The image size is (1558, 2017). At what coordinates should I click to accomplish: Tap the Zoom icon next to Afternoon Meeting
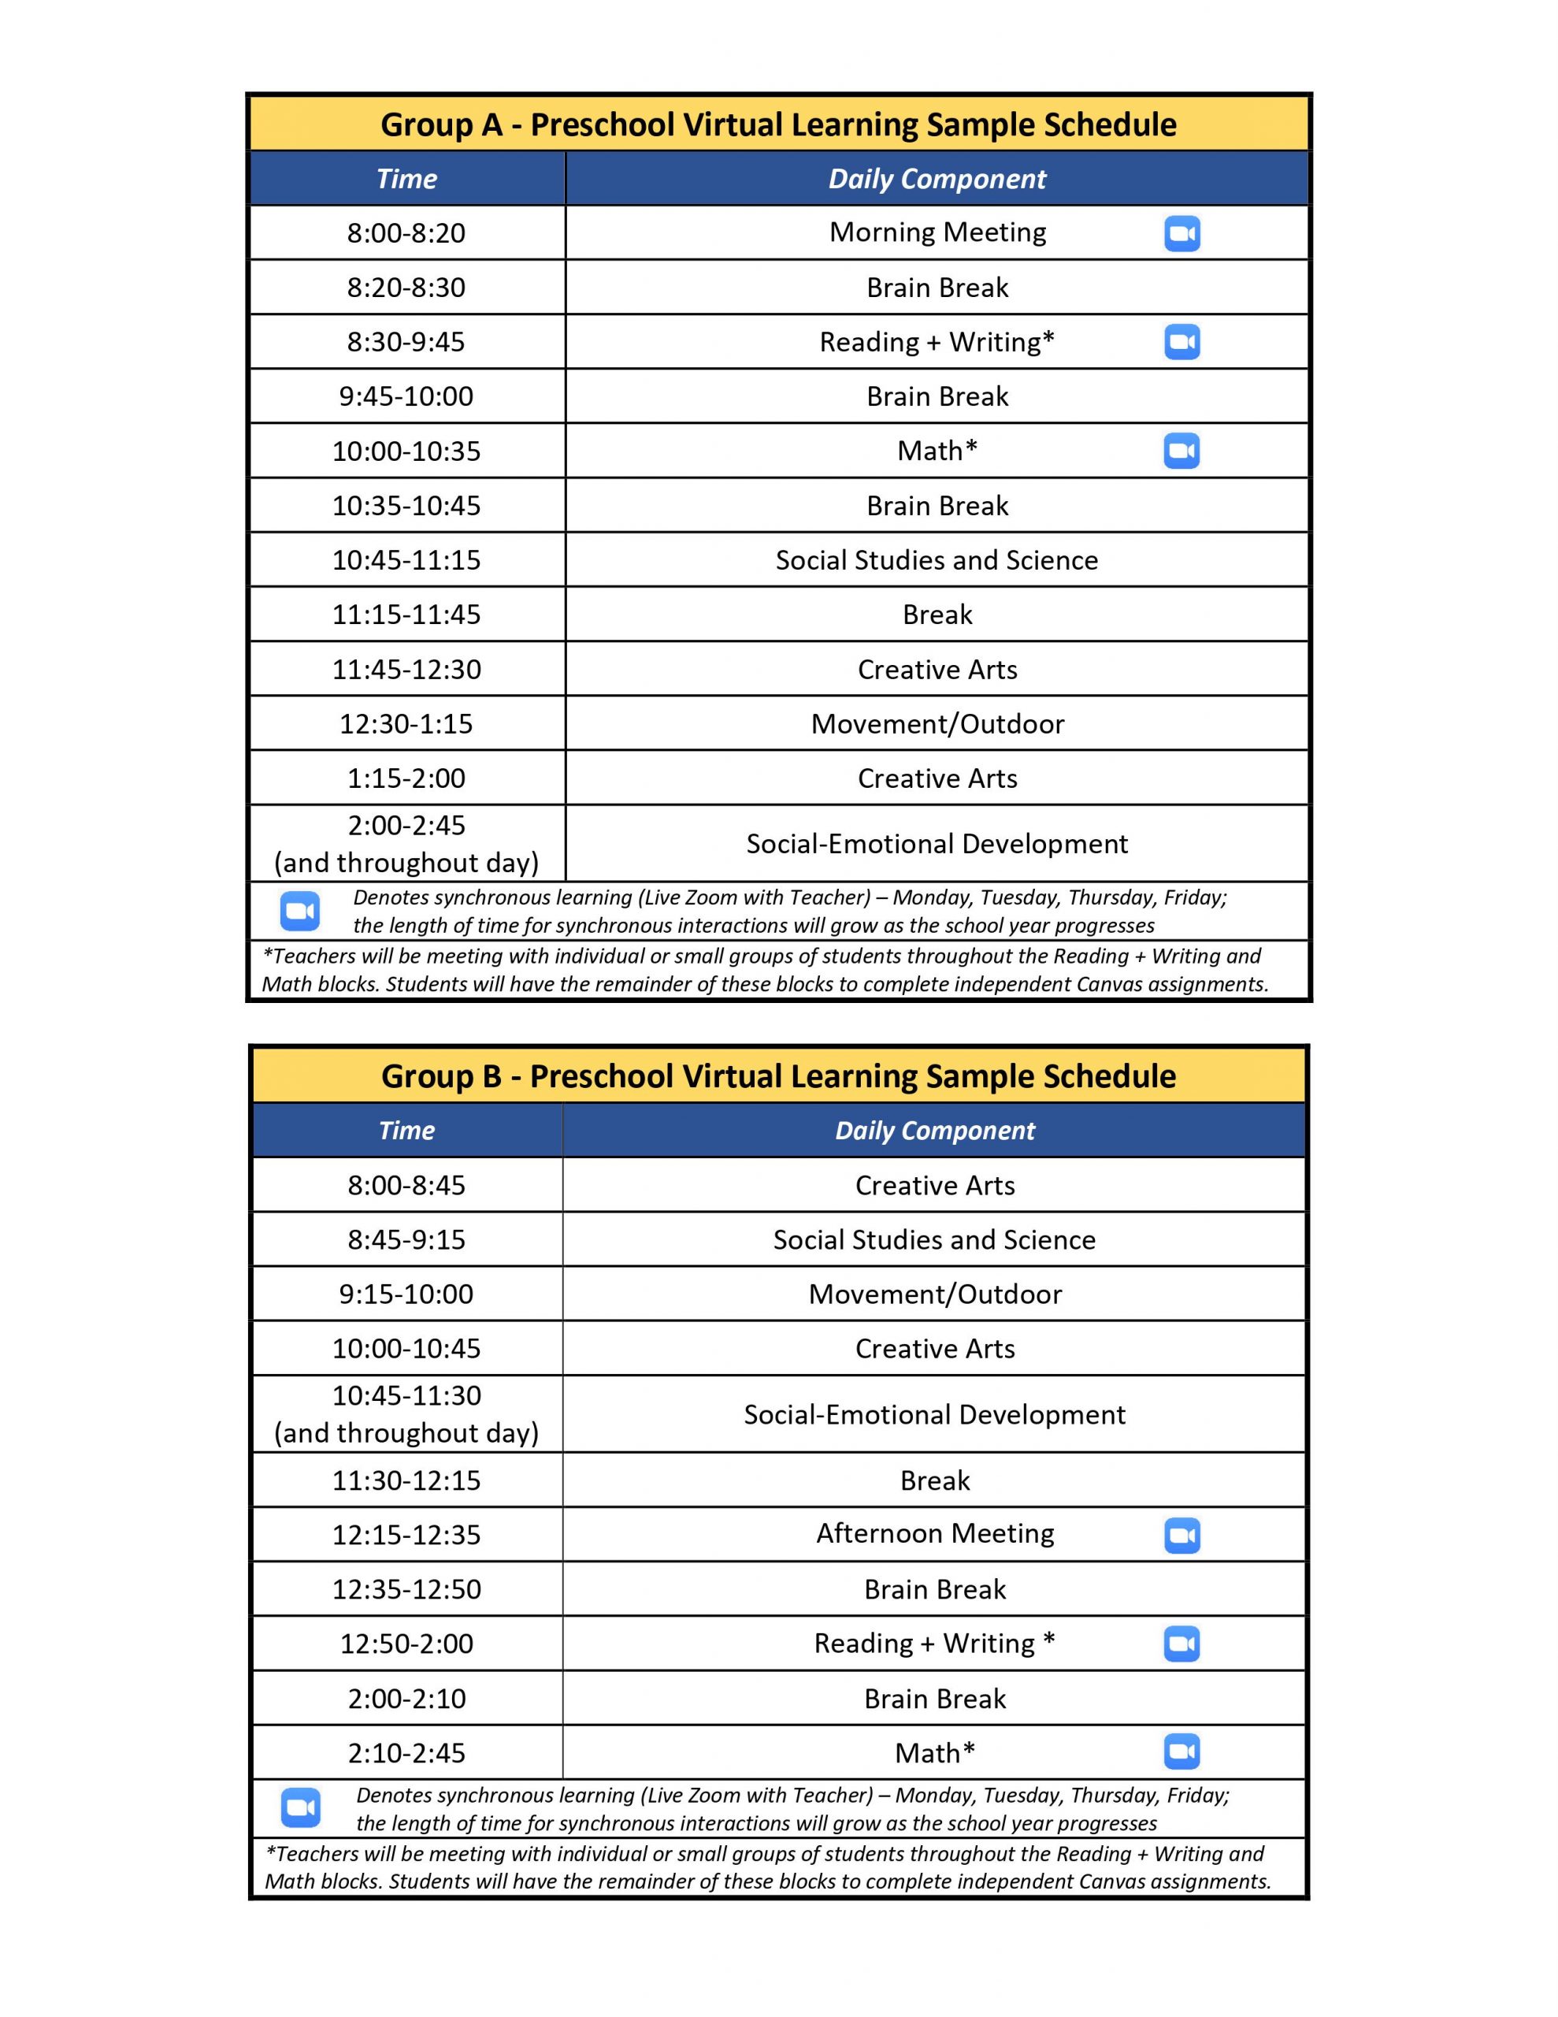click(1181, 1535)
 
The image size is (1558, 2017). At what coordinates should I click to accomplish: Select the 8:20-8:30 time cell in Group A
click(406, 288)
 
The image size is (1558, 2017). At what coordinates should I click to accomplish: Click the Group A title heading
click(777, 124)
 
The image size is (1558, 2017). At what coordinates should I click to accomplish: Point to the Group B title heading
click(777, 1076)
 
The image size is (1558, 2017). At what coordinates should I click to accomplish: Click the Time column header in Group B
click(406, 1131)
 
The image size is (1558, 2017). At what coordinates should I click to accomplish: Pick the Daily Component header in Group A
click(937, 179)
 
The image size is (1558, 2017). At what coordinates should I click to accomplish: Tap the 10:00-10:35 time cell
click(406, 451)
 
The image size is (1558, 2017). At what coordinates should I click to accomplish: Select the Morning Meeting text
click(937, 232)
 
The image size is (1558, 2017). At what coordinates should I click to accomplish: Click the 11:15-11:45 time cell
click(406, 614)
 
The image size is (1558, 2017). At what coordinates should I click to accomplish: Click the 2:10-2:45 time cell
click(406, 1753)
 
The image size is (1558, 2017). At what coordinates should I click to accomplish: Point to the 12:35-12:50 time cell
click(406, 1589)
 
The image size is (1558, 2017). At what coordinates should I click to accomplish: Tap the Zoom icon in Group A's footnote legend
click(300, 911)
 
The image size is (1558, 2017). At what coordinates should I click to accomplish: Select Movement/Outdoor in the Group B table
click(935, 1294)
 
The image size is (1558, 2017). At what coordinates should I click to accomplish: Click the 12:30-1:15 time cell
click(406, 723)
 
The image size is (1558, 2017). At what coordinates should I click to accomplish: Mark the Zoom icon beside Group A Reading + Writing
click(1181, 342)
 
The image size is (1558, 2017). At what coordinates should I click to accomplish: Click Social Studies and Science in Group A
click(937, 559)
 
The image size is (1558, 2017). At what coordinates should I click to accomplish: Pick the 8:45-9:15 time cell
click(406, 1239)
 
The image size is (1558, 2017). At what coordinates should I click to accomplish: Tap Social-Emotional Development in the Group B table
click(935, 1414)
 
